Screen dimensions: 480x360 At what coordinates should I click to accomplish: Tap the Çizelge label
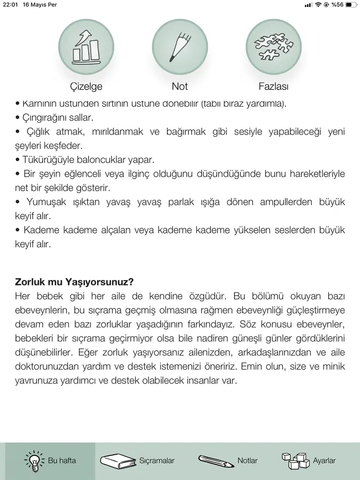coord(86,86)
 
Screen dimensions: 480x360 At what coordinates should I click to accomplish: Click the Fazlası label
coord(273,86)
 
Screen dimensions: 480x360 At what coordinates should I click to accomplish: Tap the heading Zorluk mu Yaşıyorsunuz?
coord(75,282)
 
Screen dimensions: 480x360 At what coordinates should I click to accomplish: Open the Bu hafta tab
coord(51,461)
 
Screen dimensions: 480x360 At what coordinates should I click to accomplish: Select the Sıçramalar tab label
coord(157,461)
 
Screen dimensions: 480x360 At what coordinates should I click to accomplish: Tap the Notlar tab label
coord(247,461)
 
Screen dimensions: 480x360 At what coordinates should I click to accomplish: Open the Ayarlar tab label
coord(324,461)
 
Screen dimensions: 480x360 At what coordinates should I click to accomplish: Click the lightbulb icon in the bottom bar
coord(34,461)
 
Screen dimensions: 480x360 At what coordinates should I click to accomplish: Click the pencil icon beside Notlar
coord(216,461)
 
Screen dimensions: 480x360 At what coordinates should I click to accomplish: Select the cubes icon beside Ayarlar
coord(295,461)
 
